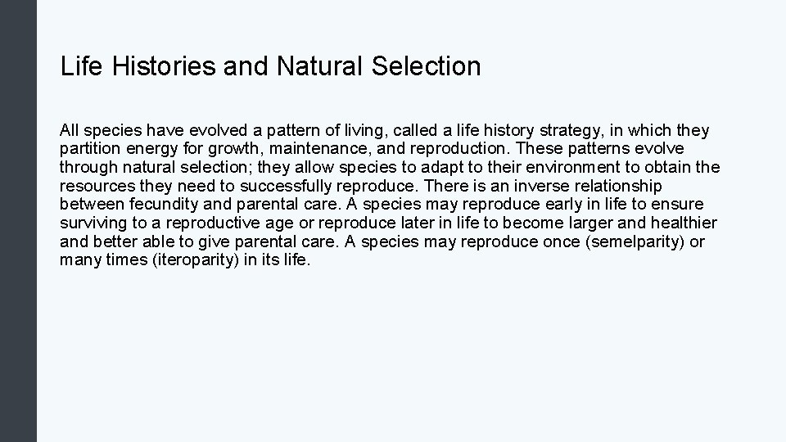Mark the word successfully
[x=292, y=186]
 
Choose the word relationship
[x=613, y=186]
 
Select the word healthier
[x=684, y=223]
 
